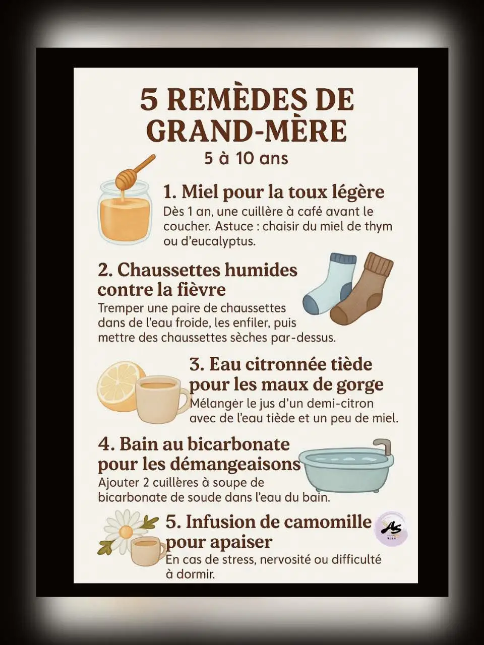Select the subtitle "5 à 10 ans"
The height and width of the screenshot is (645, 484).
(x=246, y=159)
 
